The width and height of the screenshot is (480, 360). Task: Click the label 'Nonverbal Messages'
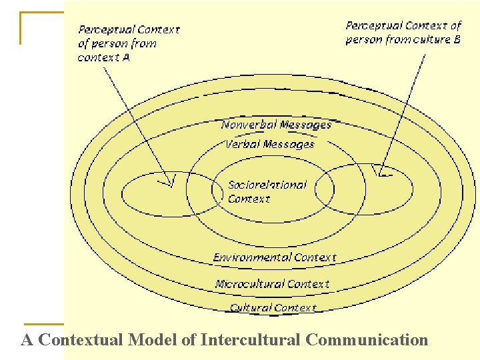pyautogui.click(x=276, y=125)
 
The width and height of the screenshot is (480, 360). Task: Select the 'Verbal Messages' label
pyautogui.click(x=270, y=144)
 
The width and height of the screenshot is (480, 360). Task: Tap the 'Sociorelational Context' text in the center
pyautogui.click(x=267, y=191)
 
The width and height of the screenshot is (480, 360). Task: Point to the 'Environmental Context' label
pyautogui.click(x=275, y=257)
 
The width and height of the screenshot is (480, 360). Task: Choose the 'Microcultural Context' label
pyautogui.click(x=272, y=284)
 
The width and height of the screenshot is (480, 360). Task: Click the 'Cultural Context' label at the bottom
pyautogui.click(x=273, y=307)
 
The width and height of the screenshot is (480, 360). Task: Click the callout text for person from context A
pyautogui.click(x=128, y=43)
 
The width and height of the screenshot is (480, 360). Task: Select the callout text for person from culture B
pyautogui.click(x=403, y=32)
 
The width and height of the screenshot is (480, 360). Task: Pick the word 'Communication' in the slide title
pyautogui.click(x=367, y=340)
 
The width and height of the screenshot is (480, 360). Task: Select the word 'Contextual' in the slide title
pyautogui.click(x=81, y=340)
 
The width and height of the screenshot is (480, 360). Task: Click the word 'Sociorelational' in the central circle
pyautogui.click(x=267, y=185)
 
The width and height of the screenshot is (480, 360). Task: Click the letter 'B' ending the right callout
pyautogui.click(x=457, y=39)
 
